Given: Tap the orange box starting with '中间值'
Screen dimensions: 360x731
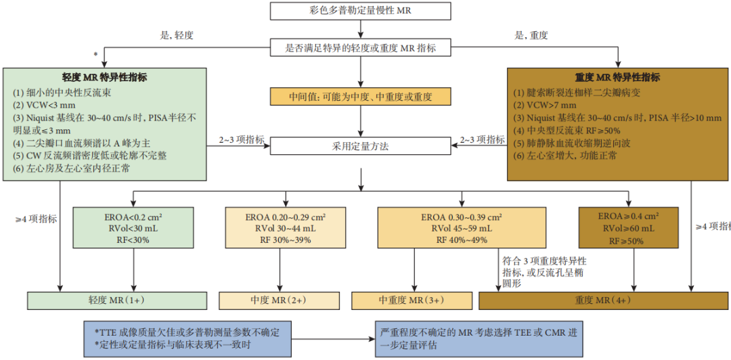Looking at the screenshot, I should click(x=361, y=96).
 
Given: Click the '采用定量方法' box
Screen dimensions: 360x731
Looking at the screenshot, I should click(x=361, y=145).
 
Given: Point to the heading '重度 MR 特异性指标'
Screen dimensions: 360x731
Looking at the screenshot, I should click(x=617, y=77).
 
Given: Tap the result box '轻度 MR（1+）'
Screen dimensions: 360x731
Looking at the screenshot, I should click(x=116, y=300).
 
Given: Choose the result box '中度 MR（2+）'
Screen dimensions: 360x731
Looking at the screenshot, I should click(x=279, y=300).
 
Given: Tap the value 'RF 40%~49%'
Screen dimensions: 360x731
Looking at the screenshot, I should click(x=461, y=240).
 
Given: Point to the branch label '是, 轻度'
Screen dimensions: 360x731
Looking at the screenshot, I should click(x=175, y=35).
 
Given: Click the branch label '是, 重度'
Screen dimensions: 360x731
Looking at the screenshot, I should click(x=531, y=35).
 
